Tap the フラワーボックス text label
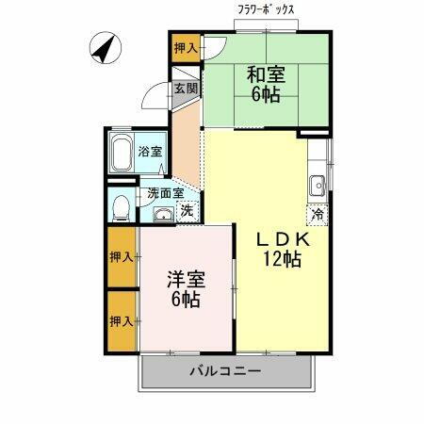click(x=267, y=10)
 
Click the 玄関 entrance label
click(x=186, y=89)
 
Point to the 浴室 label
click(x=150, y=150)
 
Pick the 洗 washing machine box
click(x=187, y=211)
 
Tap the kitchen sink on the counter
click(x=319, y=183)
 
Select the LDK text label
click(x=282, y=238)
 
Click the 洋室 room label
click(x=185, y=279)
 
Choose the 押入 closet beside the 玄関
click(x=186, y=47)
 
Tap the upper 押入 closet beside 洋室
click(x=122, y=256)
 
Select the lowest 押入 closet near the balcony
click(x=122, y=320)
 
